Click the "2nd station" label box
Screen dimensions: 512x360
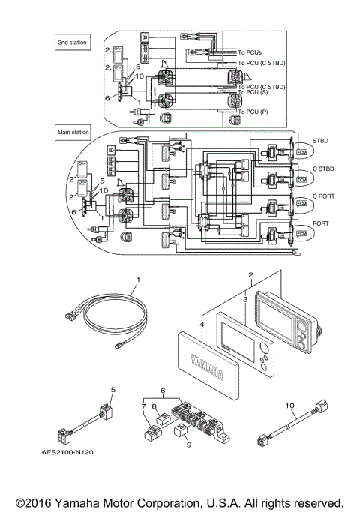72,43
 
